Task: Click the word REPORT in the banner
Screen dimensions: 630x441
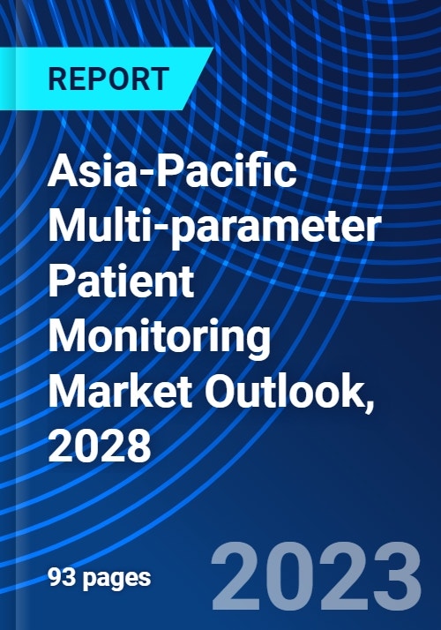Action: coord(108,78)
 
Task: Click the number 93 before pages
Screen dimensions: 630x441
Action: coord(61,578)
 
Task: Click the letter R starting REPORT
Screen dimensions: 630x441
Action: coord(55,78)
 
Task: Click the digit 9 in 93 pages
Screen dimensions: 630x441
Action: coord(55,578)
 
